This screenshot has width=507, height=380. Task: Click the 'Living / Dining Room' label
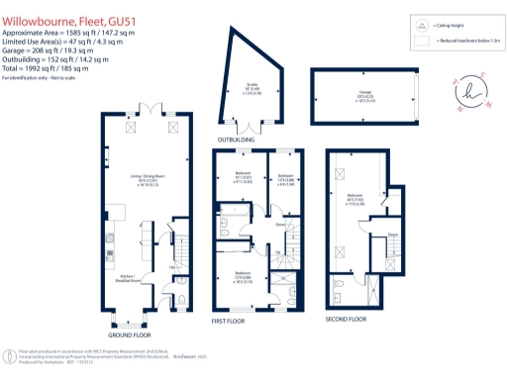(x=149, y=180)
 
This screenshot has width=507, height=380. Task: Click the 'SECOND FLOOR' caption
(x=346, y=321)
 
